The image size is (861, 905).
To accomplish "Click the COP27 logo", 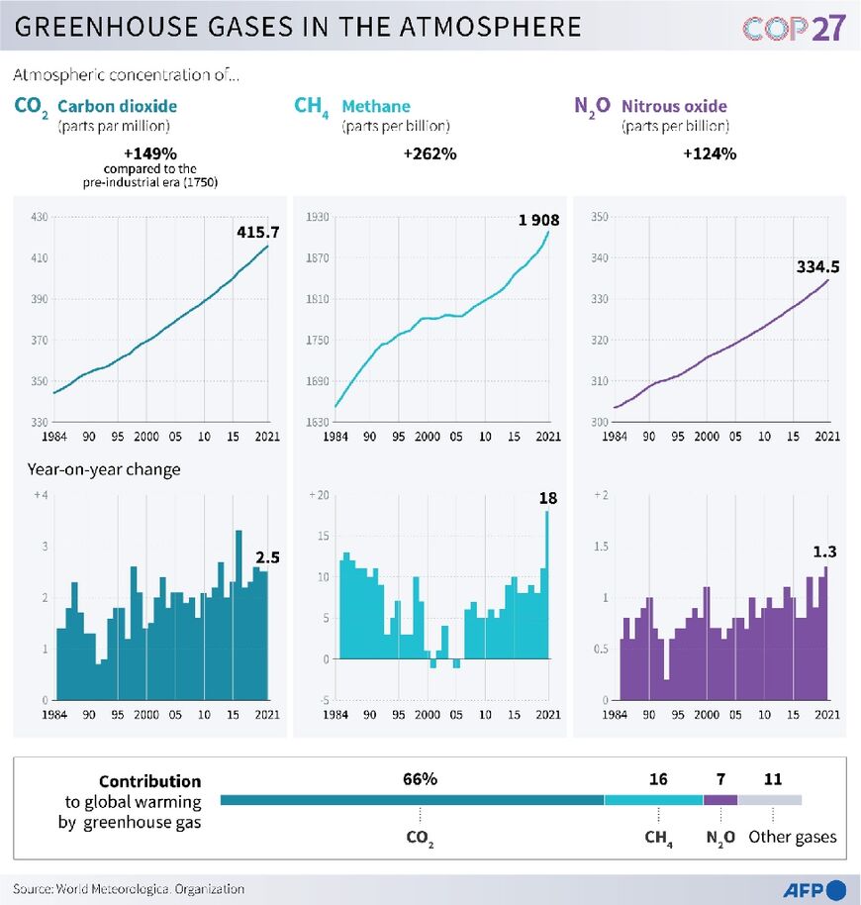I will coord(793,27).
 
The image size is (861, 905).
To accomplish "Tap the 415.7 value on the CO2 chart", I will coord(257,232).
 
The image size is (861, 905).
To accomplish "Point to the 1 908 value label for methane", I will coord(536,219).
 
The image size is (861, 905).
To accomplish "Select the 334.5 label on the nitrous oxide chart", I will coord(818,266).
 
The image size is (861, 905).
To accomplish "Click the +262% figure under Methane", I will coord(430,154).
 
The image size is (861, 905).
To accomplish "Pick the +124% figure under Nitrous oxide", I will coord(710,154).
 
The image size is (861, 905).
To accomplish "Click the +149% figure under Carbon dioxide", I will coord(150,154).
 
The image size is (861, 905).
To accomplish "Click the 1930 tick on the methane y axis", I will coord(316,218).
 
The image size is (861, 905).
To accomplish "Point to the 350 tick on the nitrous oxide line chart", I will coord(597,218).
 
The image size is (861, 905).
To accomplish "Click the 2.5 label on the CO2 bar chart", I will coord(267,557).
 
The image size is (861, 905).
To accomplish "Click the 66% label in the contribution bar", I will coord(420,779).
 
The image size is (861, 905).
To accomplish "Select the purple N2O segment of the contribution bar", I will coord(719,800).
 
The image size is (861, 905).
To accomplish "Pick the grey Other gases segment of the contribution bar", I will coord(769,800).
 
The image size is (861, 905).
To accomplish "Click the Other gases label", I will coord(792,837).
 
